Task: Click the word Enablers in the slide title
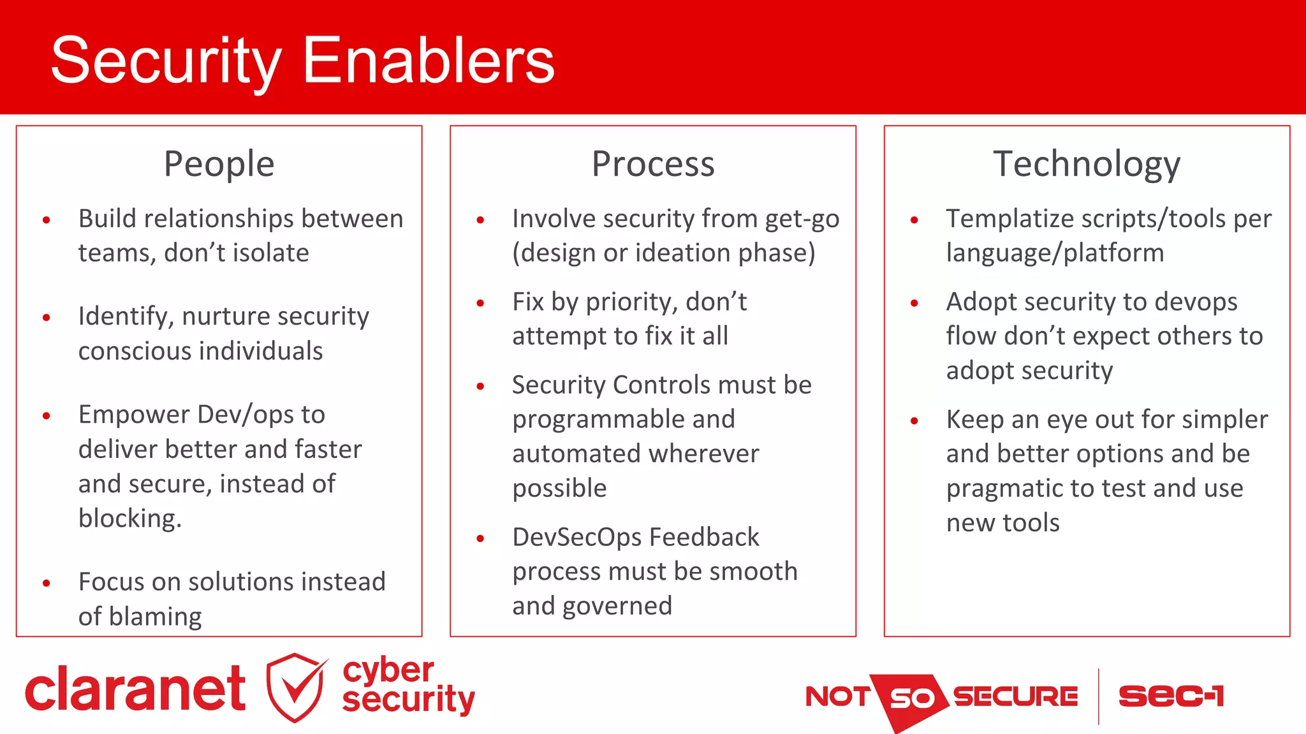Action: click(428, 61)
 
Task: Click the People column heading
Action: click(219, 164)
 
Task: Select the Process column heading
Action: click(653, 164)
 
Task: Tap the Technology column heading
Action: click(1087, 164)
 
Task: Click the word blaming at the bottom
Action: click(155, 617)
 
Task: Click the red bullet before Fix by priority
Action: click(481, 304)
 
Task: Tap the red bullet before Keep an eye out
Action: click(914, 421)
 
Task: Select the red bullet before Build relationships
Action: click(47, 221)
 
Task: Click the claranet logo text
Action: click(135, 689)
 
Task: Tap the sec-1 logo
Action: click(1171, 696)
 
